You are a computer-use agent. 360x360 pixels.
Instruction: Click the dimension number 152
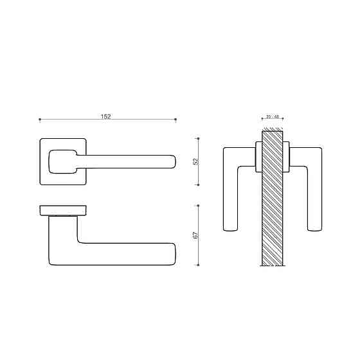(x=106, y=116)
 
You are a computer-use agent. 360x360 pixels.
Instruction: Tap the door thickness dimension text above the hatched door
(x=273, y=117)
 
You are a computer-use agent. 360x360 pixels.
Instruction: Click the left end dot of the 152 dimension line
(x=40, y=120)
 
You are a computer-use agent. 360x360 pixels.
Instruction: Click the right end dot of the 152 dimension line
(x=176, y=120)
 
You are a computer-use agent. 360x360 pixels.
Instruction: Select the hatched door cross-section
(x=273, y=199)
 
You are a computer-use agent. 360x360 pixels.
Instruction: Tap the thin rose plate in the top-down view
(x=64, y=210)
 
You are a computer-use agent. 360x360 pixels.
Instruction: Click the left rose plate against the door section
(x=258, y=158)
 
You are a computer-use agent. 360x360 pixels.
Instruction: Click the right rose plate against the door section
(x=287, y=158)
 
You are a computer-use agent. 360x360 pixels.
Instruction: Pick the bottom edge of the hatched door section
(x=273, y=265)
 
